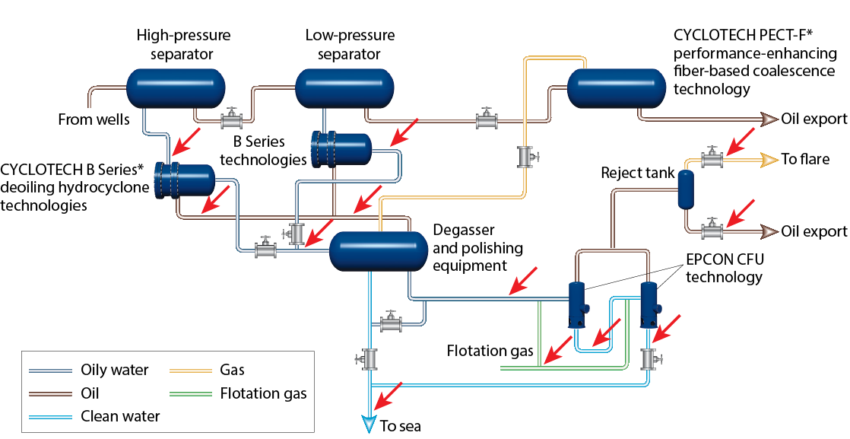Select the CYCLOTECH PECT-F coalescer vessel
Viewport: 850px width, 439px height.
point(617,87)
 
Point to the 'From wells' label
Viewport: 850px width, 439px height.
point(94,119)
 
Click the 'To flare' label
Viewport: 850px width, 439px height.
point(805,160)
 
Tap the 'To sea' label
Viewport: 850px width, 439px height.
point(400,425)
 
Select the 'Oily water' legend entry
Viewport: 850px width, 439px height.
point(114,371)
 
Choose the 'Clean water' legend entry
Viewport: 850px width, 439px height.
point(120,416)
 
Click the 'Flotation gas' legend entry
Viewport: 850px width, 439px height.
point(263,393)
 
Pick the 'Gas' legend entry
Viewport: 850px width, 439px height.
point(232,371)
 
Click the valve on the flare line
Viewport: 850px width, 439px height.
point(712,159)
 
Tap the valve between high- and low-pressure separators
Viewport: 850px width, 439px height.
point(231,119)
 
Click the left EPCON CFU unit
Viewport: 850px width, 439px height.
point(578,303)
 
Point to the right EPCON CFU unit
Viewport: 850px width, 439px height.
point(649,303)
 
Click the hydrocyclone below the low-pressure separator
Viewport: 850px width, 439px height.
point(340,148)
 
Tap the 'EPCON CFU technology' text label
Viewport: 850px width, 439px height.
point(725,268)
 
